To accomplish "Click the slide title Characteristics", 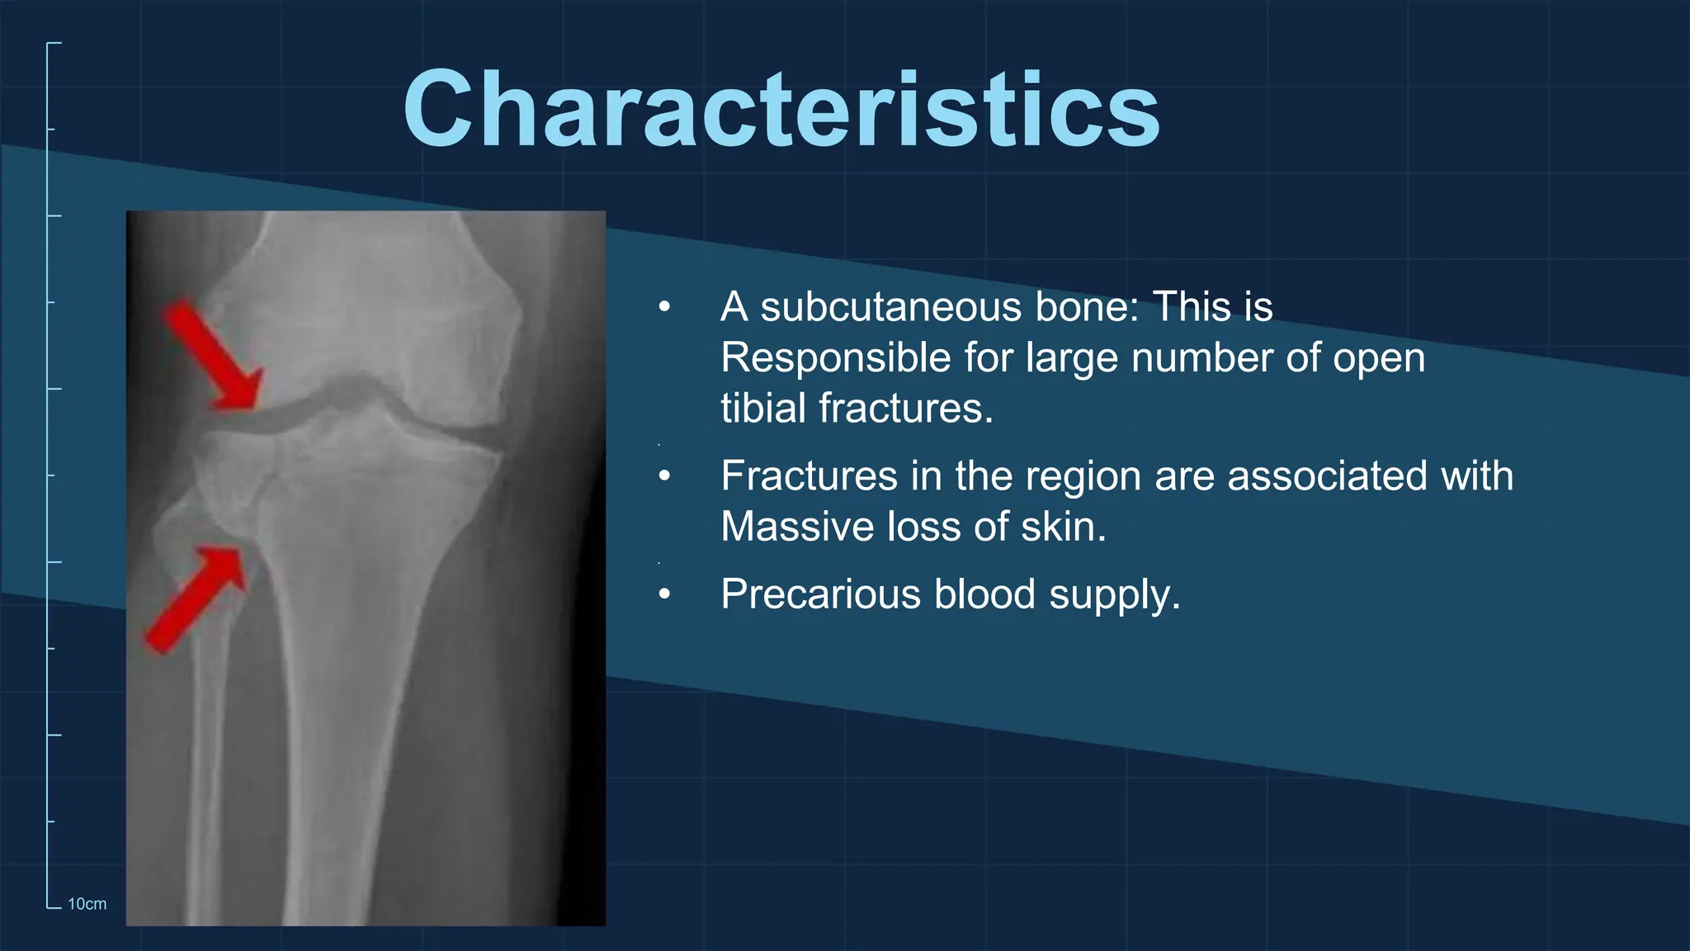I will (781, 110).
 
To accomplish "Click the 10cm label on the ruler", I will (87, 904).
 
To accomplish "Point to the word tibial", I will (763, 409).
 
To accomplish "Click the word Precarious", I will (820, 594).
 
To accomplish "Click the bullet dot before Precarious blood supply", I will (665, 594).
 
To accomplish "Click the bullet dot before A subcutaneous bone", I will (665, 308).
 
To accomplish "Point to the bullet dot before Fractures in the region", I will (665, 476).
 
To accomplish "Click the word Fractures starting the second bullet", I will (809, 476).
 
